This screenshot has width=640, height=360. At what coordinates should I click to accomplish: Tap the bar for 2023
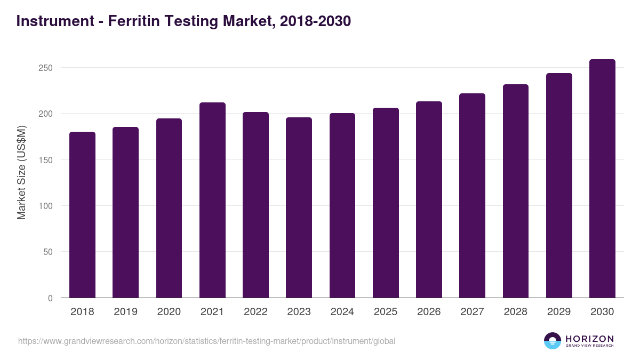[299, 207]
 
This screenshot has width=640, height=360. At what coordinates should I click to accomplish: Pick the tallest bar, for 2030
[602, 179]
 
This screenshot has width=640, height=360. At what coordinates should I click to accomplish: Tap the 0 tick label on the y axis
[50, 298]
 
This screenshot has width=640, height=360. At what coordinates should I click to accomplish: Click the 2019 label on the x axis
[125, 312]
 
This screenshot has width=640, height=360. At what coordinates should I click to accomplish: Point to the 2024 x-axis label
[342, 312]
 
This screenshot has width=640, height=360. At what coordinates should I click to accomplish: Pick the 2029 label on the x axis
[559, 312]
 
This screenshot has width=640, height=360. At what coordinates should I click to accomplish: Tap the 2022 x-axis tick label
[255, 312]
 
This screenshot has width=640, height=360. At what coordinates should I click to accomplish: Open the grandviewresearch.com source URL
[207, 341]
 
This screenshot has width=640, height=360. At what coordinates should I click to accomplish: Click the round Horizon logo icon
[553, 341]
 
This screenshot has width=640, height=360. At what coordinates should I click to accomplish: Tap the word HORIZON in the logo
[590, 339]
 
